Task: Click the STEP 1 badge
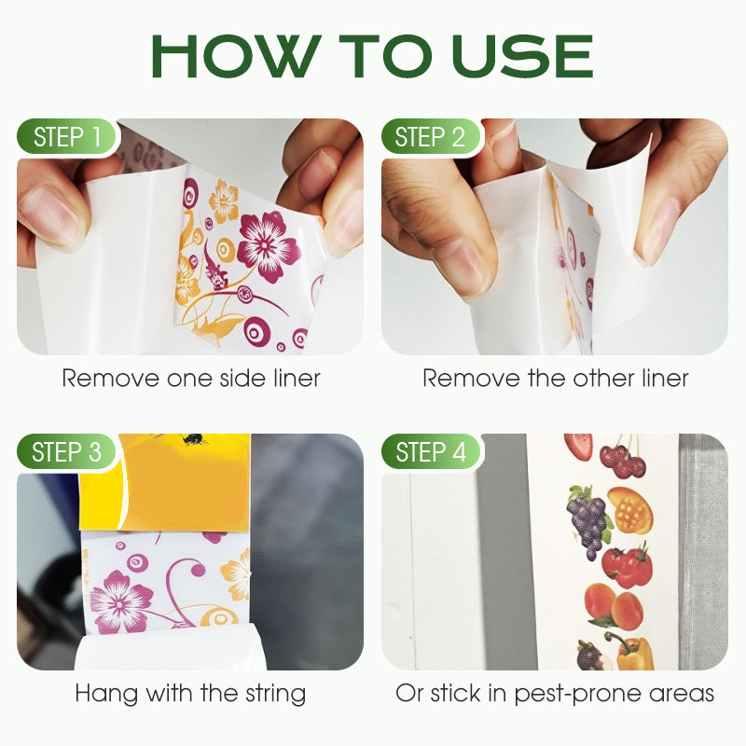point(66,136)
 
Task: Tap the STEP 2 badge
point(431,136)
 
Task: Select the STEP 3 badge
point(66,451)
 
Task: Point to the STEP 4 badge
point(431,451)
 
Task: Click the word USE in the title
point(522,56)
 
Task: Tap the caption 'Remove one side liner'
point(191,379)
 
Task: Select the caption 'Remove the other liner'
point(556,379)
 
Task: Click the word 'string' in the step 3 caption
point(275,694)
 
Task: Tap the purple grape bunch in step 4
point(588,521)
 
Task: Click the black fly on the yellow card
point(194,438)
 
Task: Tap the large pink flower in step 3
point(119,602)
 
